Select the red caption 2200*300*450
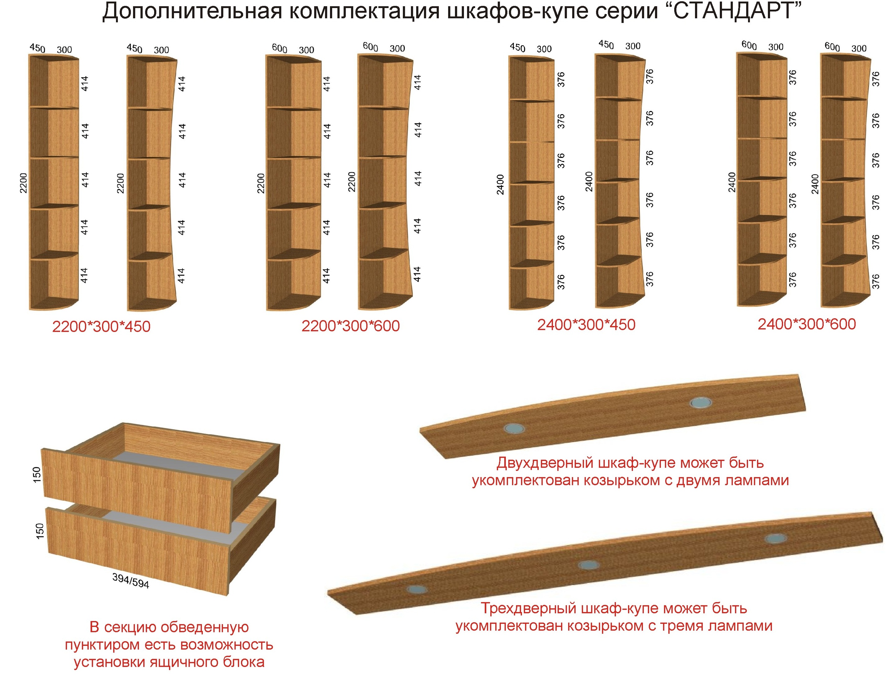click(101, 327)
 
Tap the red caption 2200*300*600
click(350, 326)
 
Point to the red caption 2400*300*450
click(586, 324)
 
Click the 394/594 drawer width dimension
click(131, 581)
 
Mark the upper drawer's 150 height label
click(37, 475)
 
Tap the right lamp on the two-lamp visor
click(701, 403)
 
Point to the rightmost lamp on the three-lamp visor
click(775, 539)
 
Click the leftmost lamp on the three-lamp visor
click(417, 589)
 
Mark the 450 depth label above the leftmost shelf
click(38, 48)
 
